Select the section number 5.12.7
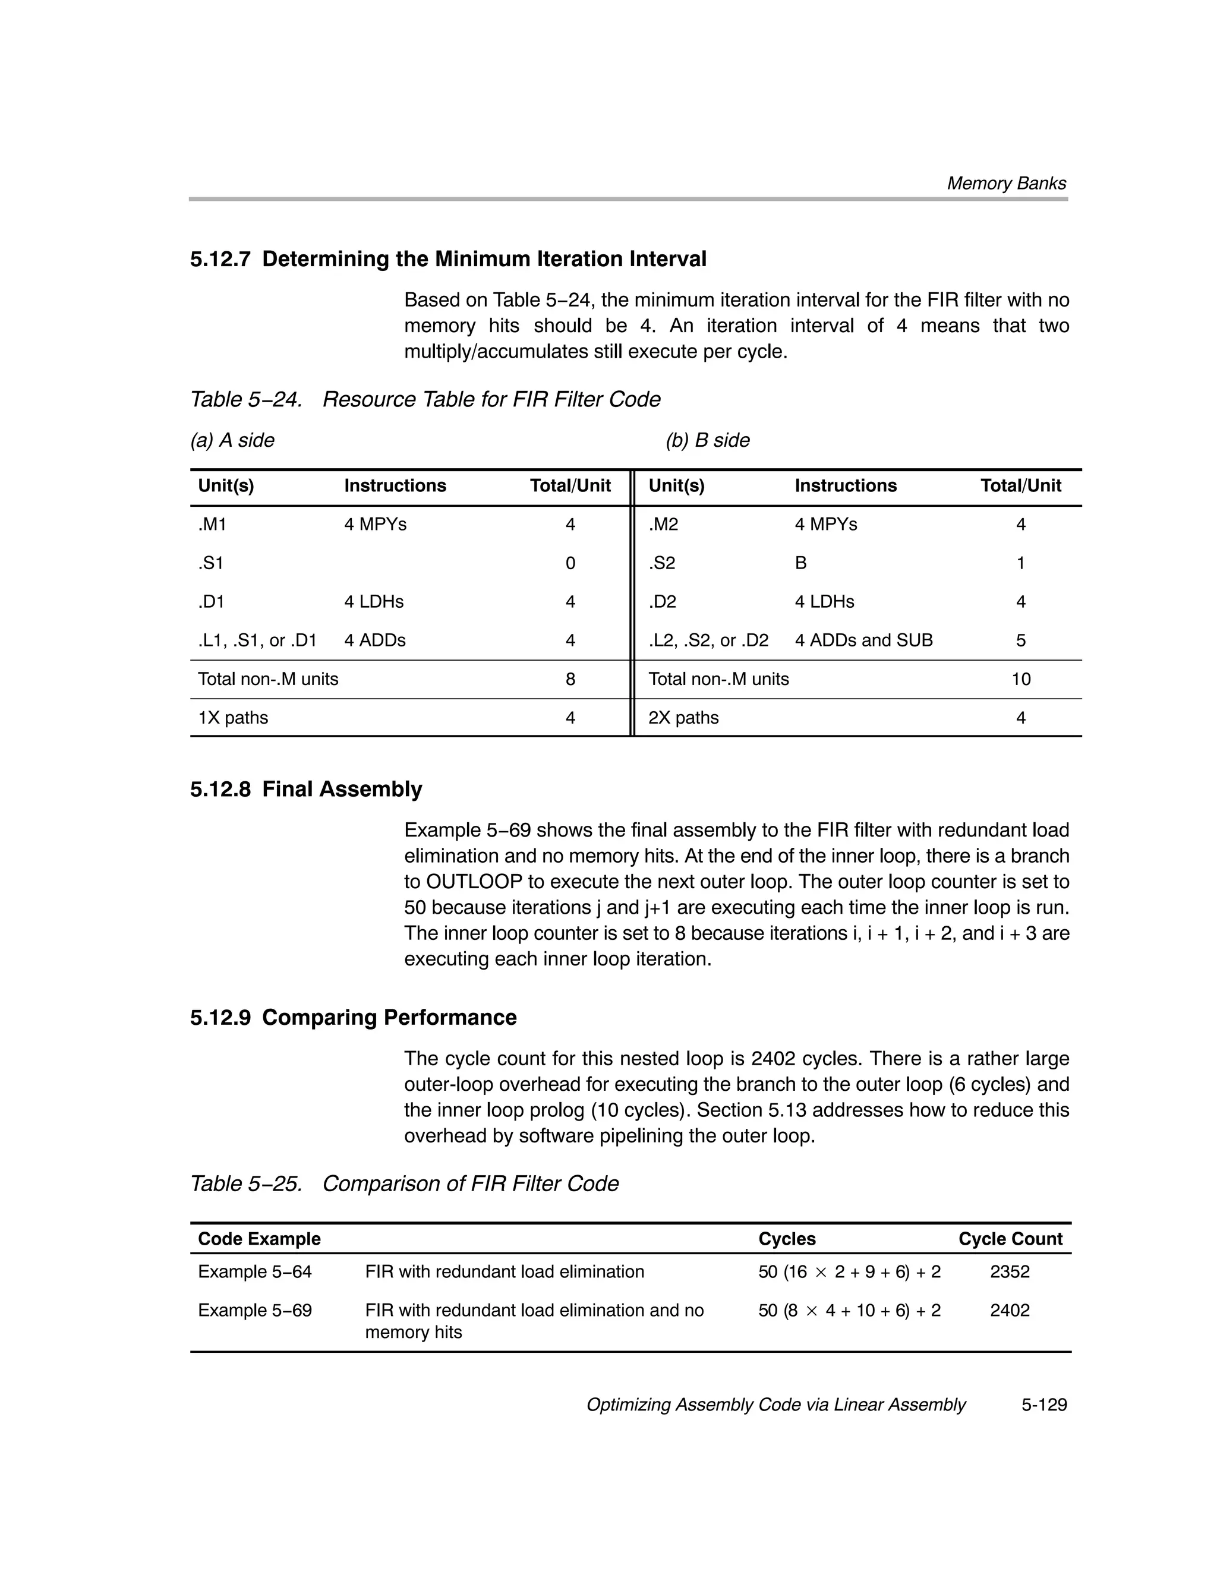220,260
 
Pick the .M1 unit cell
212,524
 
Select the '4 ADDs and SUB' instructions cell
863,640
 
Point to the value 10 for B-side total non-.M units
1020,679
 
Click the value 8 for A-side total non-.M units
570,679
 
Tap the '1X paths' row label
233,718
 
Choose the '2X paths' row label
683,718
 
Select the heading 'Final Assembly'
342,789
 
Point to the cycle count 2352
1009,1271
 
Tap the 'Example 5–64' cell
255,1271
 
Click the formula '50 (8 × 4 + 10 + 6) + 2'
849,1311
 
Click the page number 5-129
1043,1405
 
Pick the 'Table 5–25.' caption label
246,1183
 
